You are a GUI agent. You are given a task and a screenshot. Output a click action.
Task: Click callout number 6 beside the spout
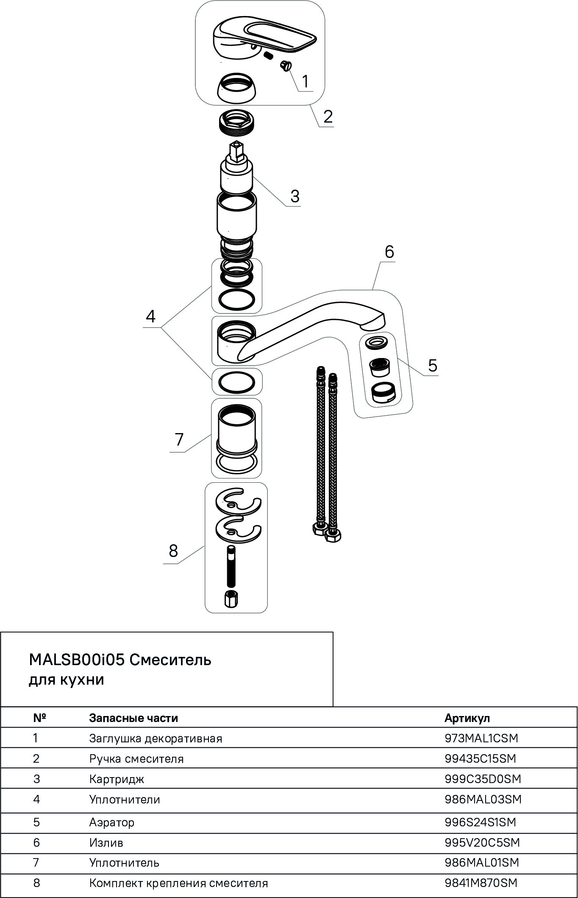click(x=389, y=252)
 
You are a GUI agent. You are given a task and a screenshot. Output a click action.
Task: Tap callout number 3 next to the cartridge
click(x=295, y=196)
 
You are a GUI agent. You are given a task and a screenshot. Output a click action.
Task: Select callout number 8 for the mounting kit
click(x=173, y=551)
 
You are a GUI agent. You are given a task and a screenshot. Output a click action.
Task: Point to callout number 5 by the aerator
click(x=432, y=365)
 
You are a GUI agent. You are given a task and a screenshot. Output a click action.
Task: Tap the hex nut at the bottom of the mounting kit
click(x=231, y=599)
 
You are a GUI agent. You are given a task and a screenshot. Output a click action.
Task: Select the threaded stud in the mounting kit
click(x=231, y=566)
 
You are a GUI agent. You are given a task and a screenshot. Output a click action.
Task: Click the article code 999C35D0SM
click(x=483, y=779)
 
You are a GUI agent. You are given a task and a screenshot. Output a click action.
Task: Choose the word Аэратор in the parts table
click(x=112, y=822)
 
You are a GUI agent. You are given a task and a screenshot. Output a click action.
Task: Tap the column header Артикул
click(x=467, y=718)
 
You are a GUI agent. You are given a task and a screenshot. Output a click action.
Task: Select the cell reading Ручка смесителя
click(x=136, y=758)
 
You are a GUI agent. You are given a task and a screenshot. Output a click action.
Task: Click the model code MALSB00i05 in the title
click(x=76, y=660)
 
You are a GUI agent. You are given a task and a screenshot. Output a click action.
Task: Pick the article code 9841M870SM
click(x=481, y=883)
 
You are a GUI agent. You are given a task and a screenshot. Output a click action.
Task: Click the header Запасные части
click(x=133, y=718)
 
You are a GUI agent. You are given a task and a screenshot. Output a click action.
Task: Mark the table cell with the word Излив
click(x=106, y=842)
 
